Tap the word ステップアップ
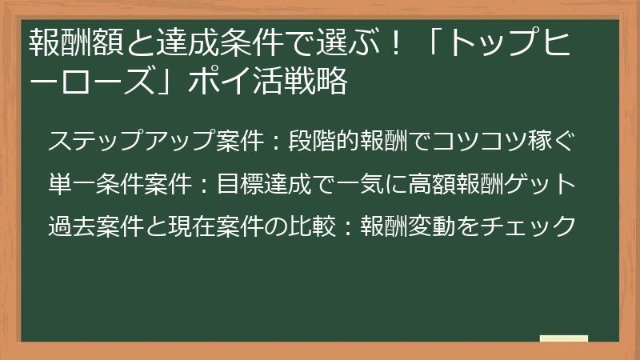(x=133, y=142)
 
